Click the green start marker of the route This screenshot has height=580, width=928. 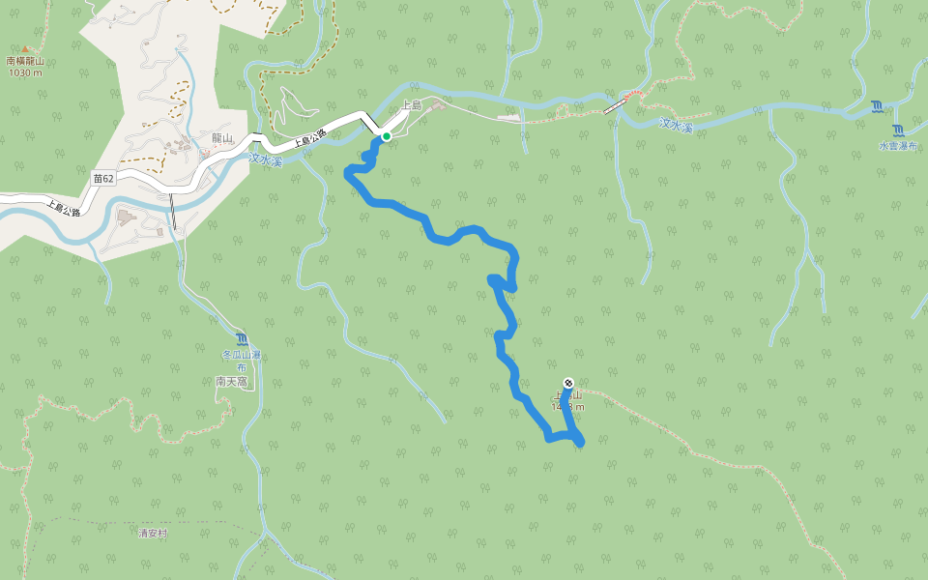(x=386, y=136)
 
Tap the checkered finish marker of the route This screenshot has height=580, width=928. (x=567, y=382)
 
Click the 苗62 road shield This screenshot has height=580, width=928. (x=103, y=179)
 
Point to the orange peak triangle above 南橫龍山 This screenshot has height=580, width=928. (x=25, y=48)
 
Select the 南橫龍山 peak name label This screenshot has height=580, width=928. (x=25, y=61)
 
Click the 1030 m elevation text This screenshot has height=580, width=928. (x=25, y=72)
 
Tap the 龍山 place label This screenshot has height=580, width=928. (x=222, y=138)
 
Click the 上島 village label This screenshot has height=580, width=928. (x=411, y=104)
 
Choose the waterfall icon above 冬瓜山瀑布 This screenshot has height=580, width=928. (x=242, y=339)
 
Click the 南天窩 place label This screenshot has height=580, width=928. (x=232, y=382)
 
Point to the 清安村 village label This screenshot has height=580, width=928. (x=153, y=533)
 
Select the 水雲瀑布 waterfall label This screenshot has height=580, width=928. (x=897, y=146)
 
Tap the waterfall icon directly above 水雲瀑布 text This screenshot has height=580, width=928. (x=899, y=130)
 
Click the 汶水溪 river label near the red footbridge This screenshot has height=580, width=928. (x=677, y=125)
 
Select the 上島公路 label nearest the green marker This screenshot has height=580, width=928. (x=310, y=138)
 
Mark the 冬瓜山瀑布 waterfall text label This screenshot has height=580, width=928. (x=242, y=362)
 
